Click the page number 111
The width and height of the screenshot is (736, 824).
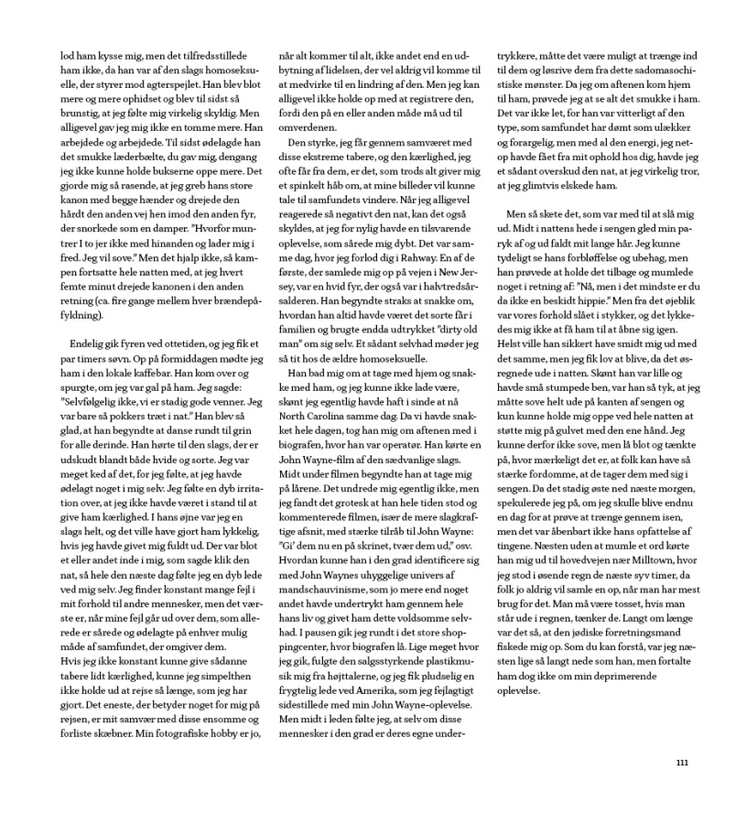coord(682,763)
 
